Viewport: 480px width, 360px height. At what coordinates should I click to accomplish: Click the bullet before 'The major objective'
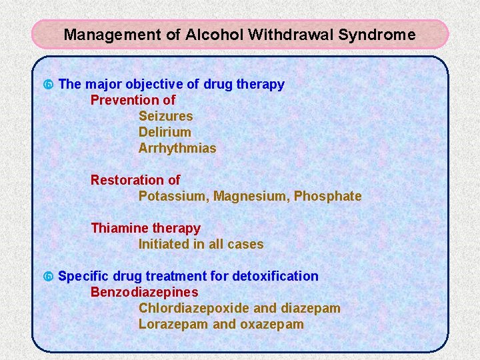pyautogui.click(x=47, y=85)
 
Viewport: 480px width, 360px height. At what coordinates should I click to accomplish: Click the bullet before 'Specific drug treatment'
pyautogui.click(x=47, y=277)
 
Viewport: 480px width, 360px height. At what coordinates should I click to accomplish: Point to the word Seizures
pyautogui.click(x=165, y=116)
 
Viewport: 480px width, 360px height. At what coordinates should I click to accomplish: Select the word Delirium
pyautogui.click(x=165, y=132)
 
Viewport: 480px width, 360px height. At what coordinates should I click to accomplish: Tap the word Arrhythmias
pyautogui.click(x=177, y=148)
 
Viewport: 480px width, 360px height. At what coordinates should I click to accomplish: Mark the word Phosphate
pyautogui.click(x=327, y=196)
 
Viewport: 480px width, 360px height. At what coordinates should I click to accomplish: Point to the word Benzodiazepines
pyautogui.click(x=144, y=292)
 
